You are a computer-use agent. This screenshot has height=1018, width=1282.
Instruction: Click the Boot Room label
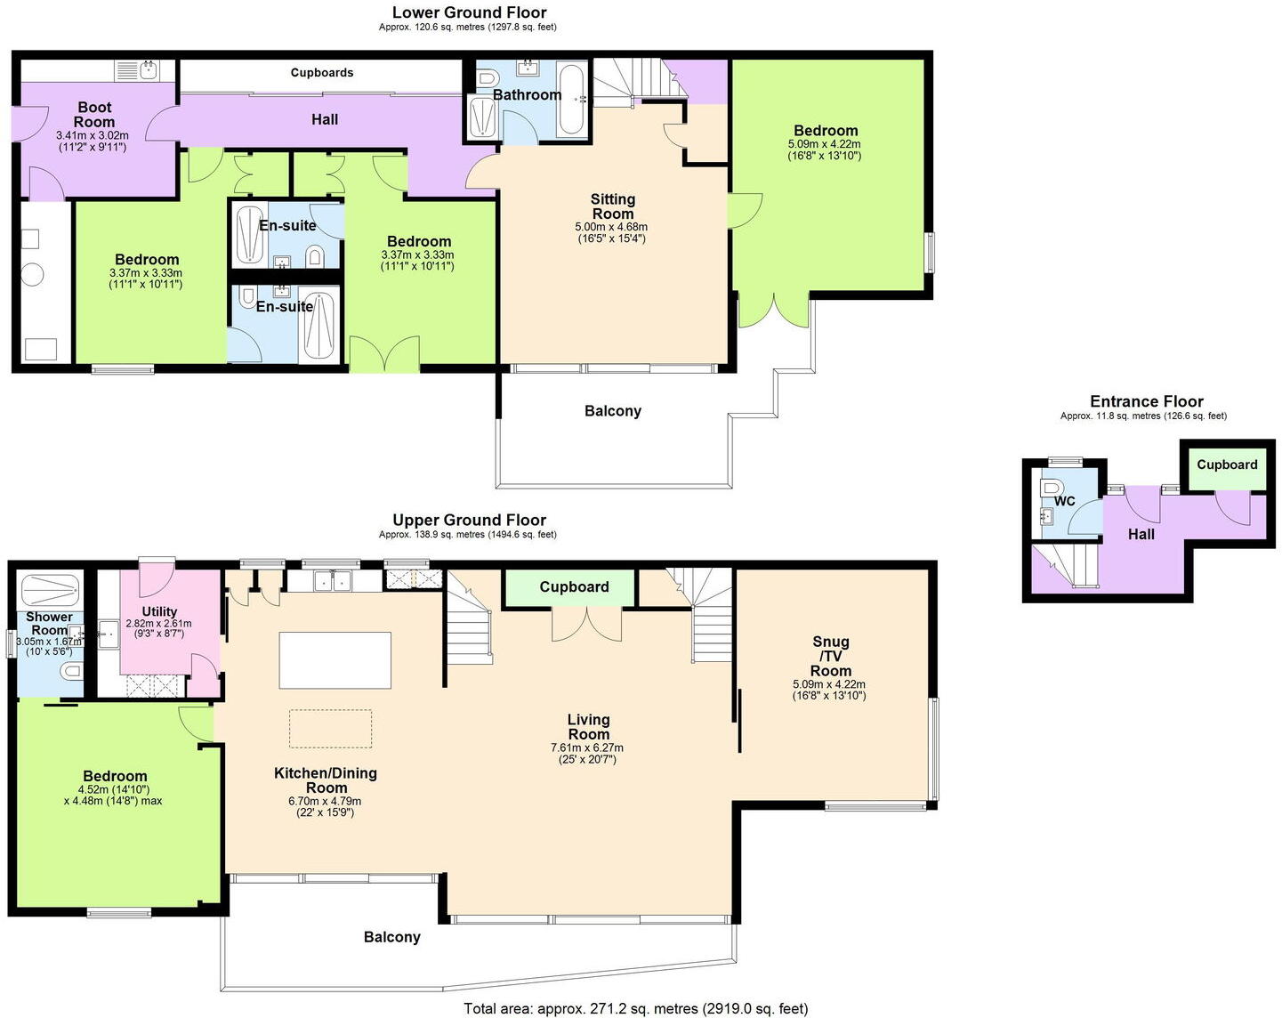pos(93,115)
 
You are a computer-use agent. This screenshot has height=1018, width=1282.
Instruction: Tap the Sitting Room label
pos(612,206)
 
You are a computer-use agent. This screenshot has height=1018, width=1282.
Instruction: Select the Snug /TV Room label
pos(830,656)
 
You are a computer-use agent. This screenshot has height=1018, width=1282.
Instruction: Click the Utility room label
pos(159,611)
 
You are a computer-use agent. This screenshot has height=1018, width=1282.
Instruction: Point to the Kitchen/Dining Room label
pos(326,780)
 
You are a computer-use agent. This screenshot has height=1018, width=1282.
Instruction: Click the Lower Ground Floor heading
pos(469,12)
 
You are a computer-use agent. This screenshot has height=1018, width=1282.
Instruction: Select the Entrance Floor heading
pos(1146,401)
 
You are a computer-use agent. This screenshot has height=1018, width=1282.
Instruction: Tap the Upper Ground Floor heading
pos(469,520)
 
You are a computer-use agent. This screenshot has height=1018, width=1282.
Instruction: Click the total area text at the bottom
pos(635,1008)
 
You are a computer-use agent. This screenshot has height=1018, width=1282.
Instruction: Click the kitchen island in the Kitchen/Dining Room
pos(335,660)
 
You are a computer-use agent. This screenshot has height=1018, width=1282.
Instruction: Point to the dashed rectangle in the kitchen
pos(330,729)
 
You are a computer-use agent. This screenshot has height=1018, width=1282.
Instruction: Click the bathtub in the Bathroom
pos(571,100)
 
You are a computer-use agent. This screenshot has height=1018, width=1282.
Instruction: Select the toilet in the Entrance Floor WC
pos(1051,489)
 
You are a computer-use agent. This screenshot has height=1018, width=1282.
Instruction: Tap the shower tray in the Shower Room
pos(50,588)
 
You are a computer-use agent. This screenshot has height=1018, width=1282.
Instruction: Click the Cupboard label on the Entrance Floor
pos(1226,465)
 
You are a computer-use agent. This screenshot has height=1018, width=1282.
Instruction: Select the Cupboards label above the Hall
pos(322,73)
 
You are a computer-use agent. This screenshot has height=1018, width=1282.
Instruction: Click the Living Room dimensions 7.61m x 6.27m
pos(587,748)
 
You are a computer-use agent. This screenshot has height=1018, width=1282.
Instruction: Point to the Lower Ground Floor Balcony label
pos(612,411)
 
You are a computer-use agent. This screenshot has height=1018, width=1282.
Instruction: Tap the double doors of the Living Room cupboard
pos(586,622)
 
